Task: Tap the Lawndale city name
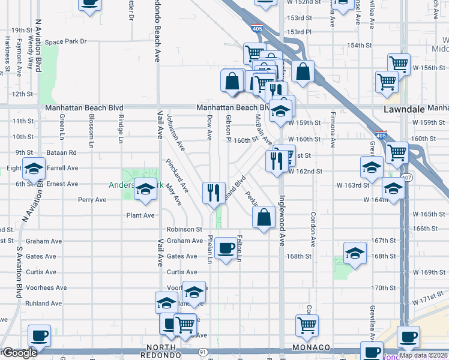pos(403,109)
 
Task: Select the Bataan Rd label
pos(64,153)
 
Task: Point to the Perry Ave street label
pos(92,200)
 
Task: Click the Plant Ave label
pos(140,215)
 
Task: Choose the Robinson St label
pos(184,229)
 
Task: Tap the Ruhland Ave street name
pos(44,303)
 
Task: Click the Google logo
pos(19,353)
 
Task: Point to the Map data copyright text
pos(423,355)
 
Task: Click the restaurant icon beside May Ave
pos(214,193)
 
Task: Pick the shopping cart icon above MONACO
pos(307,325)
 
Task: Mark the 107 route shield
pos(408,178)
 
